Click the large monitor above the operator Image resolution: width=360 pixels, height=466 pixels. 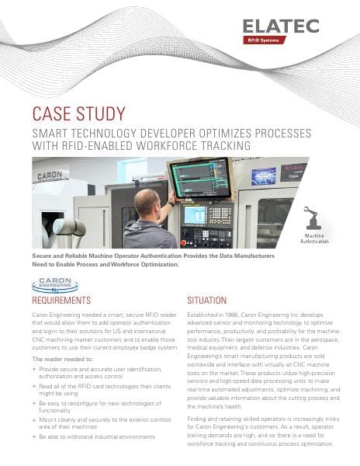coord(200,178)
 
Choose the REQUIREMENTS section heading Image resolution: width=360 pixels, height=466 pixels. coord(61,300)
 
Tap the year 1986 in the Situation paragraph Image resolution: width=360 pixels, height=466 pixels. coord(237,316)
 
